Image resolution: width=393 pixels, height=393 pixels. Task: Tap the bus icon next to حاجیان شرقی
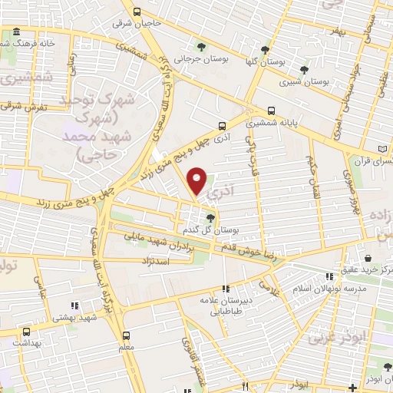point(137,12)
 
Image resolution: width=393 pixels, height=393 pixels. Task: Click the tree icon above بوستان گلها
point(265,50)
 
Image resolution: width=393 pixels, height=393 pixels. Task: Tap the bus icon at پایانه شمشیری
point(271,110)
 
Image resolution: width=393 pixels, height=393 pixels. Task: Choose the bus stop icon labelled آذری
point(221,125)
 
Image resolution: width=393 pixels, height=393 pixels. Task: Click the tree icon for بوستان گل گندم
point(210,218)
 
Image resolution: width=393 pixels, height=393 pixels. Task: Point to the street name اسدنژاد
point(172,262)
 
